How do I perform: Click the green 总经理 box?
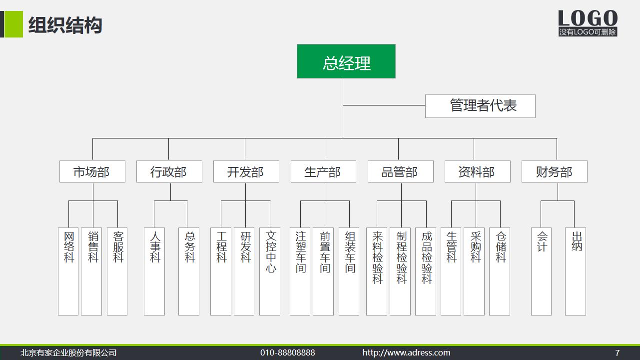[346, 61]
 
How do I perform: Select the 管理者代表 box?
[480, 106]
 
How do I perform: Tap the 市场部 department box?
[92, 171]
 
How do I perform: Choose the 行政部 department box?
[169, 171]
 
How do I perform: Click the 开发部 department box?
[245, 171]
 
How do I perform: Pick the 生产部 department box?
[323, 171]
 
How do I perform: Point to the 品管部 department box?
[400, 171]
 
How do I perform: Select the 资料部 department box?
[477, 171]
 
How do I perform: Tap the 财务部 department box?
[554, 171]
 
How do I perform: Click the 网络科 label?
[68, 247]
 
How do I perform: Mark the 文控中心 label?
[270, 252]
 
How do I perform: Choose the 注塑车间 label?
[300, 252]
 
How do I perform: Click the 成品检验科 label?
[426, 257]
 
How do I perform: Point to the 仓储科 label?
[501, 247]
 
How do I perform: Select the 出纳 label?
[576, 241]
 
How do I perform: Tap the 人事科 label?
[155, 247]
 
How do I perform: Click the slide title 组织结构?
[65, 25]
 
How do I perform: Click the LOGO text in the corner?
[588, 19]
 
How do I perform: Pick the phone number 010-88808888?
[287, 352]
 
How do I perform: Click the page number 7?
[617, 352]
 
